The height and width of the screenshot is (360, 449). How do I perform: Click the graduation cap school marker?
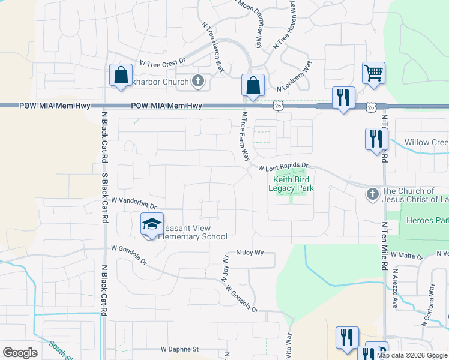coord(152,224)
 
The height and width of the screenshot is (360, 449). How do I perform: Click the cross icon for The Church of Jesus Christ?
coord(372,194)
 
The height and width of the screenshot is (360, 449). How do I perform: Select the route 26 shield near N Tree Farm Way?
coord(278,106)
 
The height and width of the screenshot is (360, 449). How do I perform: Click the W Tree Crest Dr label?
coord(163,62)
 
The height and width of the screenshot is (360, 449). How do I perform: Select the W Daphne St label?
coord(179,349)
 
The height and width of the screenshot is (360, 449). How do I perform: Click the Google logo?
coord(20,352)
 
